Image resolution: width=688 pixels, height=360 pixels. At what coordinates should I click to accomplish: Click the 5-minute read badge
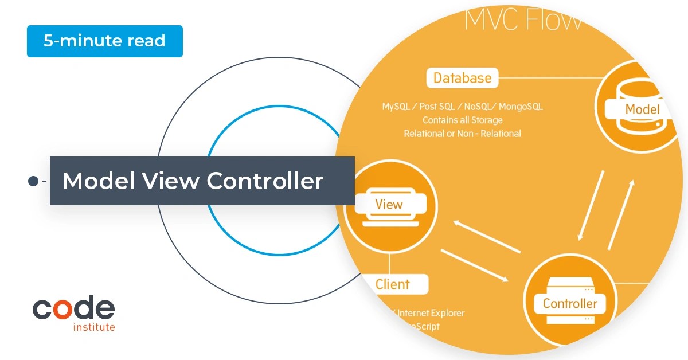click(104, 41)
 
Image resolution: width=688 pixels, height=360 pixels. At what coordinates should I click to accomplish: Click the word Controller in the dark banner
click(265, 181)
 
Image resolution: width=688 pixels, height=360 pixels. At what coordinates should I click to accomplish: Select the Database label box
click(462, 78)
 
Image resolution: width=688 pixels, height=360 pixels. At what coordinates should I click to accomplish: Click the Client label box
click(393, 284)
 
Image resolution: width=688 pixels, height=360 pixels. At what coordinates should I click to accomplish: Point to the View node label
click(389, 204)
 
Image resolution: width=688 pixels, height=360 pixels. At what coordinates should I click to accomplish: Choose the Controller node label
click(570, 303)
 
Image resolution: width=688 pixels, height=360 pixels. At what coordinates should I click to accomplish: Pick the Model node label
click(642, 109)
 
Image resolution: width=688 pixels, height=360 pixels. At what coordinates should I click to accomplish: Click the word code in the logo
click(73, 309)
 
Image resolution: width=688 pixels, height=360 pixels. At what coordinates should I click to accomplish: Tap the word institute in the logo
click(94, 327)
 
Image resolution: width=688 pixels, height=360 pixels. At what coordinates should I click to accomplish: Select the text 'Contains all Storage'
click(462, 120)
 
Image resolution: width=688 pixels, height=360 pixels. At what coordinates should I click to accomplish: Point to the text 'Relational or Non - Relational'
click(462, 134)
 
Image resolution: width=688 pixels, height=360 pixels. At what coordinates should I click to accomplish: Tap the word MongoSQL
click(521, 107)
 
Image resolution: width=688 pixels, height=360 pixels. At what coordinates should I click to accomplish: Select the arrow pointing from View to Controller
click(474, 265)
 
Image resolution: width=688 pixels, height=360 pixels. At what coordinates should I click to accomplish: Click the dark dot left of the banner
click(33, 181)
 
